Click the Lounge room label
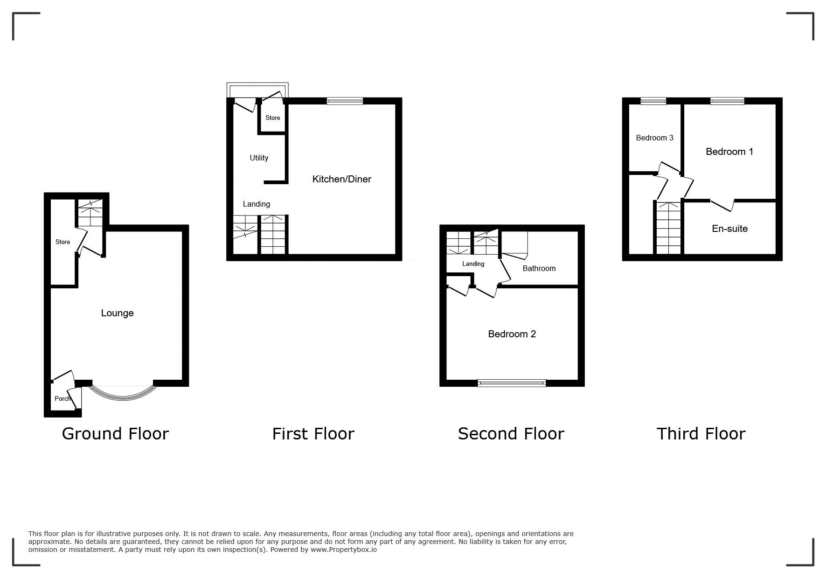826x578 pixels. point(118,313)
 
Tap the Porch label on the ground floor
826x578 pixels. point(62,398)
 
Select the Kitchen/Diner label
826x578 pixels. point(341,179)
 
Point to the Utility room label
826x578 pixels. point(259,158)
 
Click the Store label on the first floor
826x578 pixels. point(273,118)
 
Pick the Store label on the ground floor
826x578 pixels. point(62,242)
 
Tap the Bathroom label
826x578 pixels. point(539,268)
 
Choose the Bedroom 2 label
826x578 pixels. point(512,334)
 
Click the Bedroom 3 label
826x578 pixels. point(654,138)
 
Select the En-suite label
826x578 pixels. point(729,229)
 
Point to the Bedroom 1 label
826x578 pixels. point(729,152)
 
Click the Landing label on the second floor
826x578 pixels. point(473,264)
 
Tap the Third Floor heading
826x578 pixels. point(701,434)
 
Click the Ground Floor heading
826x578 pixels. point(115,434)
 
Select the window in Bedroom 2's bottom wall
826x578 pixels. point(512,383)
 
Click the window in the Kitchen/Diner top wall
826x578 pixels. point(345,101)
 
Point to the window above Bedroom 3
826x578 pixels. point(653,101)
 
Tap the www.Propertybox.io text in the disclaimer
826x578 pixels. point(344,550)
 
